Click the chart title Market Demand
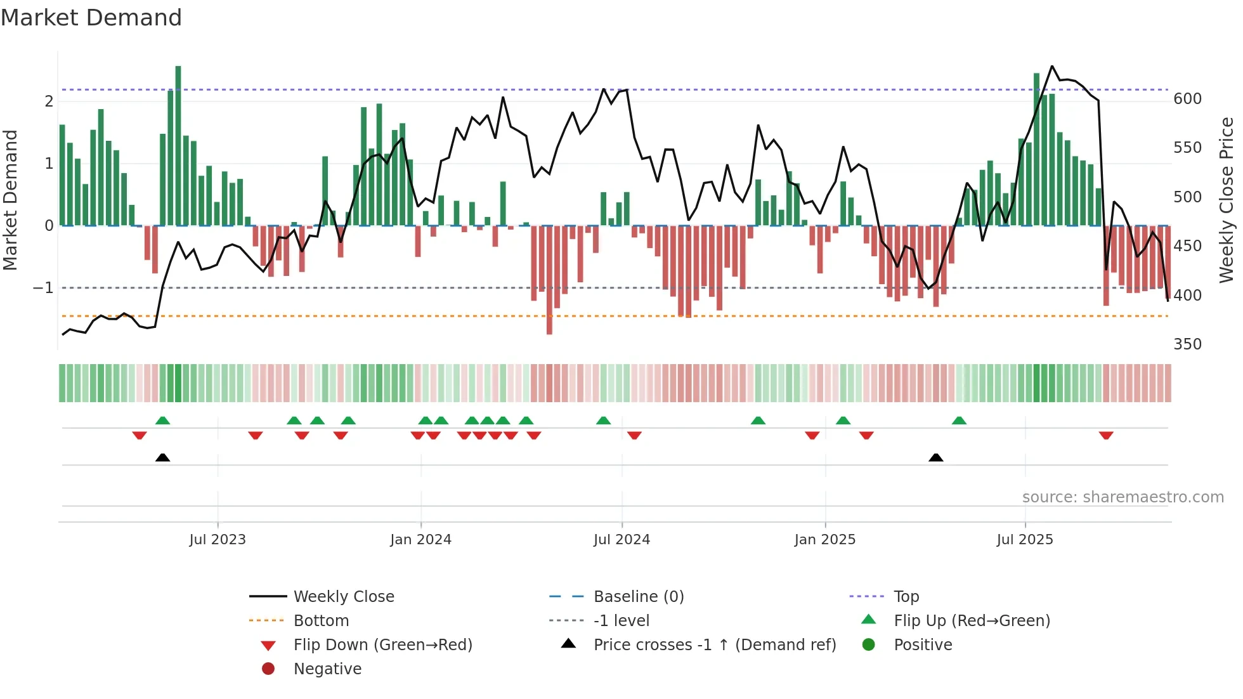[x=91, y=18]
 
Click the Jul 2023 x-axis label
[x=218, y=540]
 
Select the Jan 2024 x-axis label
[x=420, y=540]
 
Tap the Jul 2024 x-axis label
[x=621, y=540]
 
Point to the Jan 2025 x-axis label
[x=824, y=540]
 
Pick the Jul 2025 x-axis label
[x=1024, y=540]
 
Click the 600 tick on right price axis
[x=1187, y=99]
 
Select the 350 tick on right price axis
[x=1187, y=344]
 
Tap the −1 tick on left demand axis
[x=43, y=288]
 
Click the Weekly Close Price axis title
[x=1227, y=200]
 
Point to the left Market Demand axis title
[x=10, y=200]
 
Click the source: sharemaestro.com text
[x=1123, y=497]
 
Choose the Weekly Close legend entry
[x=344, y=597]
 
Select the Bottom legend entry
[x=321, y=621]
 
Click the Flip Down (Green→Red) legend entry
[x=382, y=645]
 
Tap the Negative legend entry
[x=327, y=669]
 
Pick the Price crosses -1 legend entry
[x=714, y=645]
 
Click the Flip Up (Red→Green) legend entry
[x=972, y=621]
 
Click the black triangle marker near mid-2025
[x=935, y=458]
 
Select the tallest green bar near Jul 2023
[x=178, y=146]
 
